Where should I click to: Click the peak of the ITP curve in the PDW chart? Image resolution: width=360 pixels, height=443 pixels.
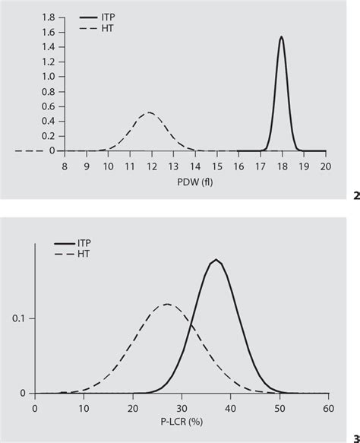282,36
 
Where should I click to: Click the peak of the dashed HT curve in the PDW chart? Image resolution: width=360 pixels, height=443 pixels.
150,112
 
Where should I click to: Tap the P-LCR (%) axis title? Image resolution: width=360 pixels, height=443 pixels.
182,422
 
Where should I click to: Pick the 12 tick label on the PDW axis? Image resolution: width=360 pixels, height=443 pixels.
151,165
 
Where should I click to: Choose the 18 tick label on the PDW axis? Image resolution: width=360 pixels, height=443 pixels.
282,165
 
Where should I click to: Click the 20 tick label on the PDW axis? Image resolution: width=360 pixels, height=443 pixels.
326,165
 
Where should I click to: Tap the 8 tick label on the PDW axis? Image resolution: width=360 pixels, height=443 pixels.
65,165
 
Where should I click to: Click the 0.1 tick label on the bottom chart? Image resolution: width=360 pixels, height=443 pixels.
22,318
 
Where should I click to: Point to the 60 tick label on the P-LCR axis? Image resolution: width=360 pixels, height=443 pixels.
328,407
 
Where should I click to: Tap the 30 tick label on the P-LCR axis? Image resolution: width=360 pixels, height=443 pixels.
182,407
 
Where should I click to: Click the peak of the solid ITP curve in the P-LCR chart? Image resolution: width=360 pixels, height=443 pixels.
216,260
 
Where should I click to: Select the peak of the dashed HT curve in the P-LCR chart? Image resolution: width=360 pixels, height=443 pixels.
166,304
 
